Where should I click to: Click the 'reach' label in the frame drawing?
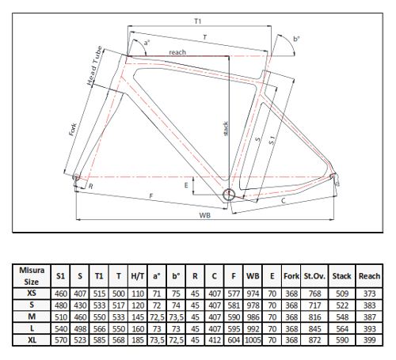pos(177,52)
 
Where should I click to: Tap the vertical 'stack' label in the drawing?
pos(226,128)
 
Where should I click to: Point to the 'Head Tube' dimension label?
pos(94,66)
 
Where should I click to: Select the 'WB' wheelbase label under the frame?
pos(205,215)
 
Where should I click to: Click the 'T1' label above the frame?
pos(198,21)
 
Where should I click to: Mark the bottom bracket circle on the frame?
pos(229,195)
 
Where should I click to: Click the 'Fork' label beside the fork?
pos(73,130)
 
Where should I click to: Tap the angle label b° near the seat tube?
pos(296,39)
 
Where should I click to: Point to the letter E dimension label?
pos(186,185)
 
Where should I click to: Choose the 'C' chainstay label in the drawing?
pos(284,201)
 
